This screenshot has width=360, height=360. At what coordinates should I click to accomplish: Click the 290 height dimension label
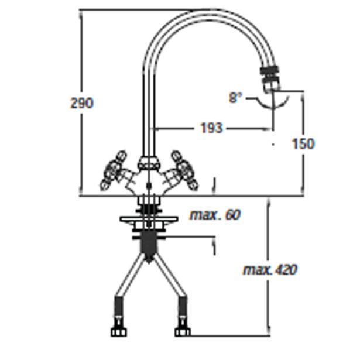point(81,103)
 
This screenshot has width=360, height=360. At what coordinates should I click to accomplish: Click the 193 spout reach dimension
point(211,128)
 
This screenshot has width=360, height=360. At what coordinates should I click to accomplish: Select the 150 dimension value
point(302,143)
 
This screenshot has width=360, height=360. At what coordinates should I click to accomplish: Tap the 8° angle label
point(235,98)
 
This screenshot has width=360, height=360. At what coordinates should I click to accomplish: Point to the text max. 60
point(215,215)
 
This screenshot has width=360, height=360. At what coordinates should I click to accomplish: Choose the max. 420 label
point(270,270)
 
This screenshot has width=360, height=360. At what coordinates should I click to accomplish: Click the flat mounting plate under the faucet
point(149,220)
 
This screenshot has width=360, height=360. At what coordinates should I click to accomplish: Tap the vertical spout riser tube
point(148,105)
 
